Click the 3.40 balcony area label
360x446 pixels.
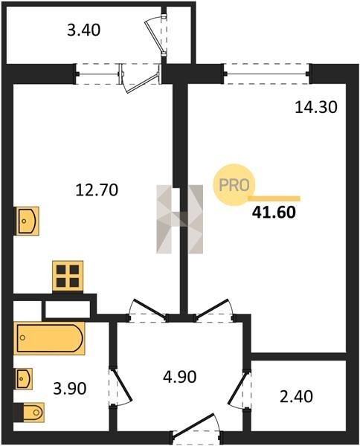(83, 30)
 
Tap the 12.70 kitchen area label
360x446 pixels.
(97, 190)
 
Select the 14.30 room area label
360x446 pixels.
(316, 108)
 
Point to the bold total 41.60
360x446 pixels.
(274, 213)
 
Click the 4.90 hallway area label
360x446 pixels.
(179, 377)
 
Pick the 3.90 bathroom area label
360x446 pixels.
(70, 389)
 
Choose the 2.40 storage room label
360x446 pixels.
(296, 396)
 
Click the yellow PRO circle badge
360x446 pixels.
(234, 185)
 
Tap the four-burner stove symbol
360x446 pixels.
(68, 276)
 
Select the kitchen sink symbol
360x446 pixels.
(28, 221)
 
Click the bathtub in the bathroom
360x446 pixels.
(49, 338)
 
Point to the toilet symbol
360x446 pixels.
(29, 412)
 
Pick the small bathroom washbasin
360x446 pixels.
(24, 378)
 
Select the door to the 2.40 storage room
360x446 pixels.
(240, 389)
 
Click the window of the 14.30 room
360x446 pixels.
(267, 74)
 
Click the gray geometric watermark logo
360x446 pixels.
(179, 219)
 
